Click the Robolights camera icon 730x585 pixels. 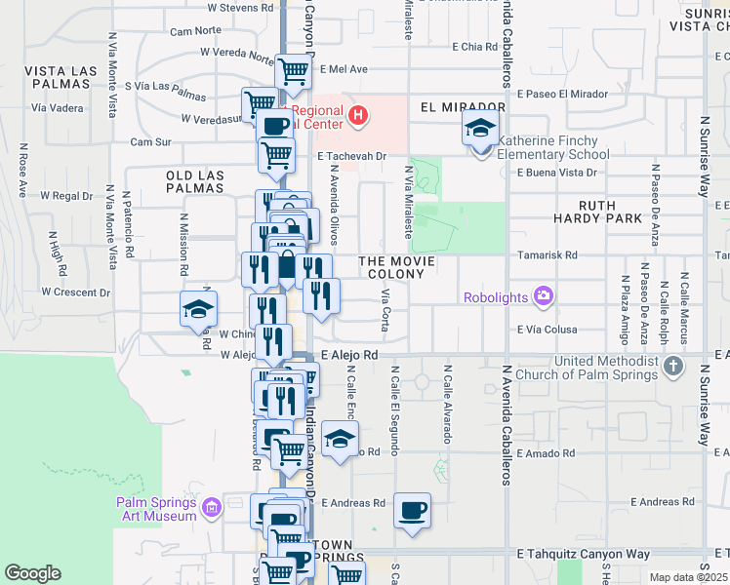coord(544,295)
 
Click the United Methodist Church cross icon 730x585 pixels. coord(672,367)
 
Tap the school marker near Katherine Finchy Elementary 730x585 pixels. coord(480,128)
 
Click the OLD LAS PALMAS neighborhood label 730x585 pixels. coord(195,182)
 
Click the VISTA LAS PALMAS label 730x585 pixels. coord(61,78)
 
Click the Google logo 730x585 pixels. coord(33,573)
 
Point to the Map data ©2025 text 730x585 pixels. coord(689,577)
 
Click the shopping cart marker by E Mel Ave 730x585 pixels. coord(293,70)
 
